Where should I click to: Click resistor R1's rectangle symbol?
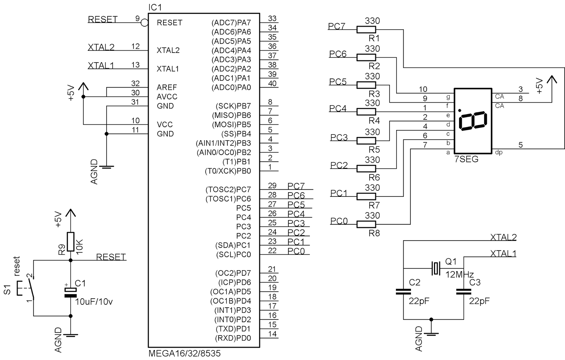[366, 30]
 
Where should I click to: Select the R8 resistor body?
[366, 224]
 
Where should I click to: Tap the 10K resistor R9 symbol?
[71, 242]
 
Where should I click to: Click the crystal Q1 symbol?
[436, 268]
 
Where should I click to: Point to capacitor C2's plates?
[403, 291]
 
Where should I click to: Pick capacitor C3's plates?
[464, 291]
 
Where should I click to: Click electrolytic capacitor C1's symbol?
[71, 293]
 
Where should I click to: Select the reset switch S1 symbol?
[25, 288]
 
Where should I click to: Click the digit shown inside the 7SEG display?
[473, 121]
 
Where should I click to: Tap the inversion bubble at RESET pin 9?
[144, 23]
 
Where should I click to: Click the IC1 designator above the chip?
[155, 7]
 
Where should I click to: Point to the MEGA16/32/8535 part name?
[184, 353]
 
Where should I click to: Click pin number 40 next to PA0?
[272, 83]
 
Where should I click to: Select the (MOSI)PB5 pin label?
[231, 125]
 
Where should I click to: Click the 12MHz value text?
[459, 274]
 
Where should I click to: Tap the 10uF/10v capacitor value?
[94, 302]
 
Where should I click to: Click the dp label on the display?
[499, 152]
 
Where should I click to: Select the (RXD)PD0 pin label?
[233, 338]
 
